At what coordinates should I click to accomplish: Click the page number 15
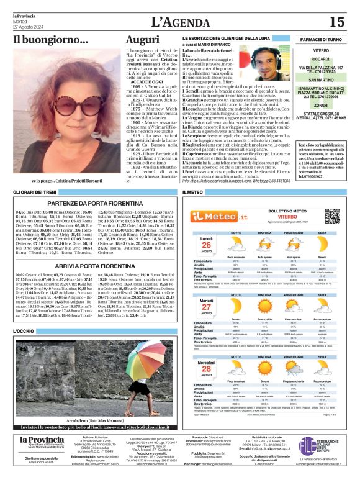pyautogui.click(x=336, y=22)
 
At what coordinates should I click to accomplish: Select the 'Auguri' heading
pyautogui.click(x=142, y=41)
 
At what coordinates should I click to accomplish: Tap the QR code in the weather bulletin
pyautogui.click(x=333, y=215)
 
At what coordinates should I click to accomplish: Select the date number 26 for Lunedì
pyautogui.click(x=206, y=245)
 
